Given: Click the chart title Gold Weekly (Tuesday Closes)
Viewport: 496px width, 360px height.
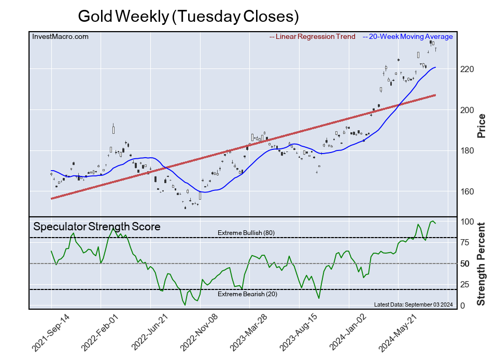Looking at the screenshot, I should click(x=189, y=16).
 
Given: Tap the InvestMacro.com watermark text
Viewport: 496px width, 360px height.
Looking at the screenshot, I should click(x=60, y=37).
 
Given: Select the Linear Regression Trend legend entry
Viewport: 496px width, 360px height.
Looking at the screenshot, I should click(x=313, y=37).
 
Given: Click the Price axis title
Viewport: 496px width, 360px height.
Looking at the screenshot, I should click(x=481, y=125).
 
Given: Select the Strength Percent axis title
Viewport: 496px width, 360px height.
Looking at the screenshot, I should click(x=481, y=264).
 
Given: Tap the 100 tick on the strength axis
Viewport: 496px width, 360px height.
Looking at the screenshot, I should click(x=466, y=221).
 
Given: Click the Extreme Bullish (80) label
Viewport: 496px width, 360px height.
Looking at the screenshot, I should click(x=246, y=232).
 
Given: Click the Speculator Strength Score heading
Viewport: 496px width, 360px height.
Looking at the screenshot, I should click(x=97, y=227).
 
